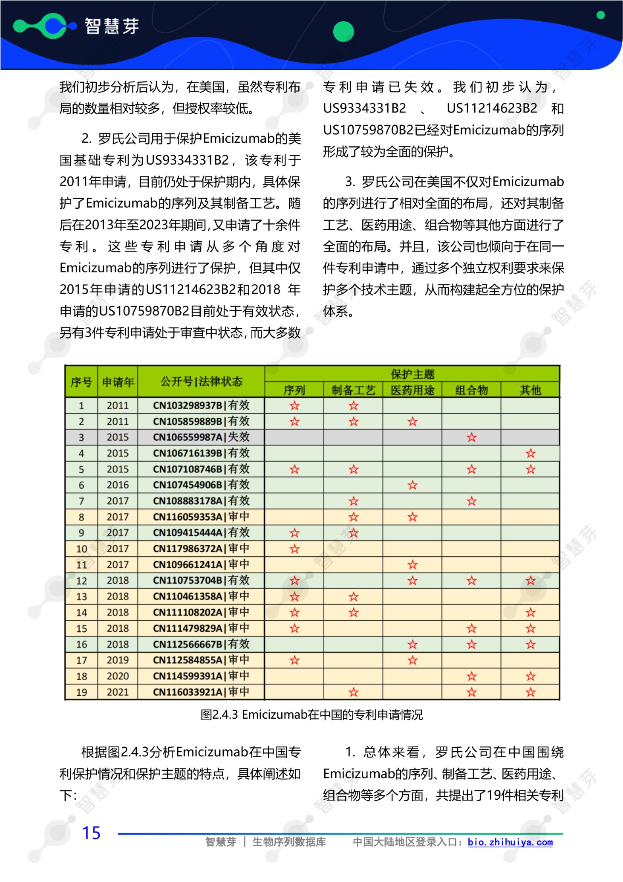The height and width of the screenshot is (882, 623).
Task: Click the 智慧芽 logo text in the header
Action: pos(112,26)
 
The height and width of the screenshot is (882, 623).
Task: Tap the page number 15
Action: pos(91,833)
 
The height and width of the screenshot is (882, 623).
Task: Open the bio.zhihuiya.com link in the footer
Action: pos(510,842)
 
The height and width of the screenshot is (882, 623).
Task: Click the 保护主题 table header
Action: pos(412,374)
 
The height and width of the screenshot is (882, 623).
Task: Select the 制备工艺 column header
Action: pos(353,390)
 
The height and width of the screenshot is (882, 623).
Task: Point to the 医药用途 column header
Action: pos(412,390)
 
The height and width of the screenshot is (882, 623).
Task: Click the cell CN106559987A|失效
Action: pos(201,437)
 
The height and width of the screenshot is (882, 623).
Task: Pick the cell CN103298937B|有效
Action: pos(201,405)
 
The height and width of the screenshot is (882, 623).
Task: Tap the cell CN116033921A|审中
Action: pos(201,692)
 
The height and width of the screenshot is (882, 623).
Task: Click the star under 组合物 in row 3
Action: pos(471,437)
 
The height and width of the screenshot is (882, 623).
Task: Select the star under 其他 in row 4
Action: pos(530,454)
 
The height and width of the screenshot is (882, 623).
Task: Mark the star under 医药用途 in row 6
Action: pos(412,485)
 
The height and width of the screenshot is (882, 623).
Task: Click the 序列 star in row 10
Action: pos(294,549)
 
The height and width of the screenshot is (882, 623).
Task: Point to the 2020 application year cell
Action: pos(118,676)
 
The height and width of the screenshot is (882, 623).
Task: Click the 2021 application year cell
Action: pos(118,692)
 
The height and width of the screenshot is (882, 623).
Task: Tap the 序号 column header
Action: pos(81,382)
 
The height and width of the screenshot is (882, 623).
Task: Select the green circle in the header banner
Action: pos(343,32)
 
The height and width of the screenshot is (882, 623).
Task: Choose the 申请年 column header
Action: pos(118,382)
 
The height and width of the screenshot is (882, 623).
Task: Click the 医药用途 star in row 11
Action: pos(412,565)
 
